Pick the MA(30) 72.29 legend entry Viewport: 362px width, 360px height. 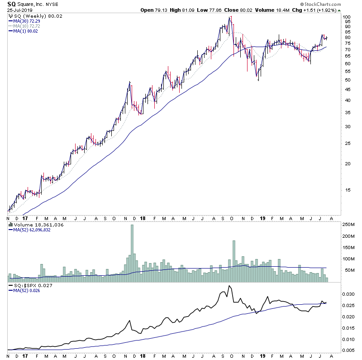coord(26,21)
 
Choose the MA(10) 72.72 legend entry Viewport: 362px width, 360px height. coord(26,26)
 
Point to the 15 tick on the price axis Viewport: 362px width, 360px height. coord(346,190)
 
